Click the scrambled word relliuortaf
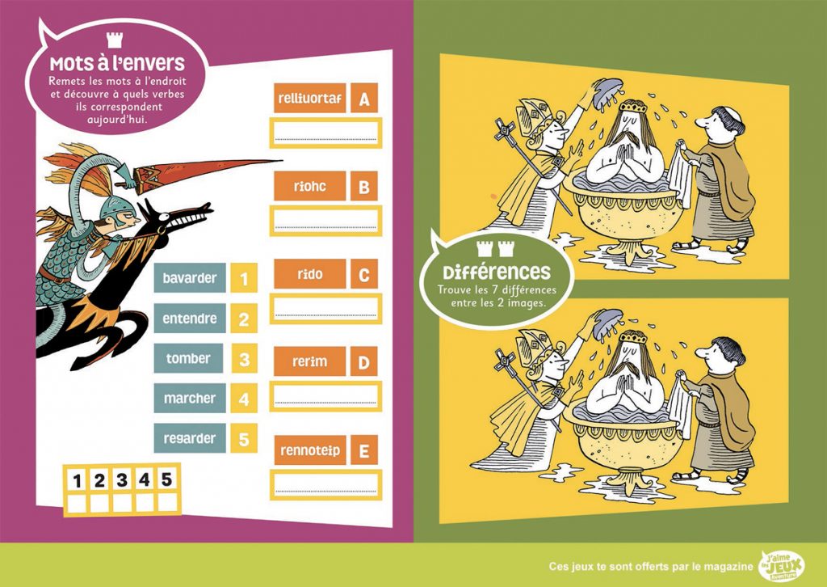coord(309,98)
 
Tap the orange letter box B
coord(364,186)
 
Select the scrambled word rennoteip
coord(310,450)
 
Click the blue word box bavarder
coord(190,277)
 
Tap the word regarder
coord(189,438)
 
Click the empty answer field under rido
coord(326,309)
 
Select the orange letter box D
coord(364,362)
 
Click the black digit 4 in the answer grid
coord(144,479)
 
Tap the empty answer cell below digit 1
coord(77,503)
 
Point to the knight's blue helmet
coord(116,209)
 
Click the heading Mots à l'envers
coord(117,63)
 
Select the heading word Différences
coord(497,272)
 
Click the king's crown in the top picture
coord(633,107)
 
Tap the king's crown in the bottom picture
coord(632,336)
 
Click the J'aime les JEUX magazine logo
coord(782,567)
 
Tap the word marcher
coord(189,398)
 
